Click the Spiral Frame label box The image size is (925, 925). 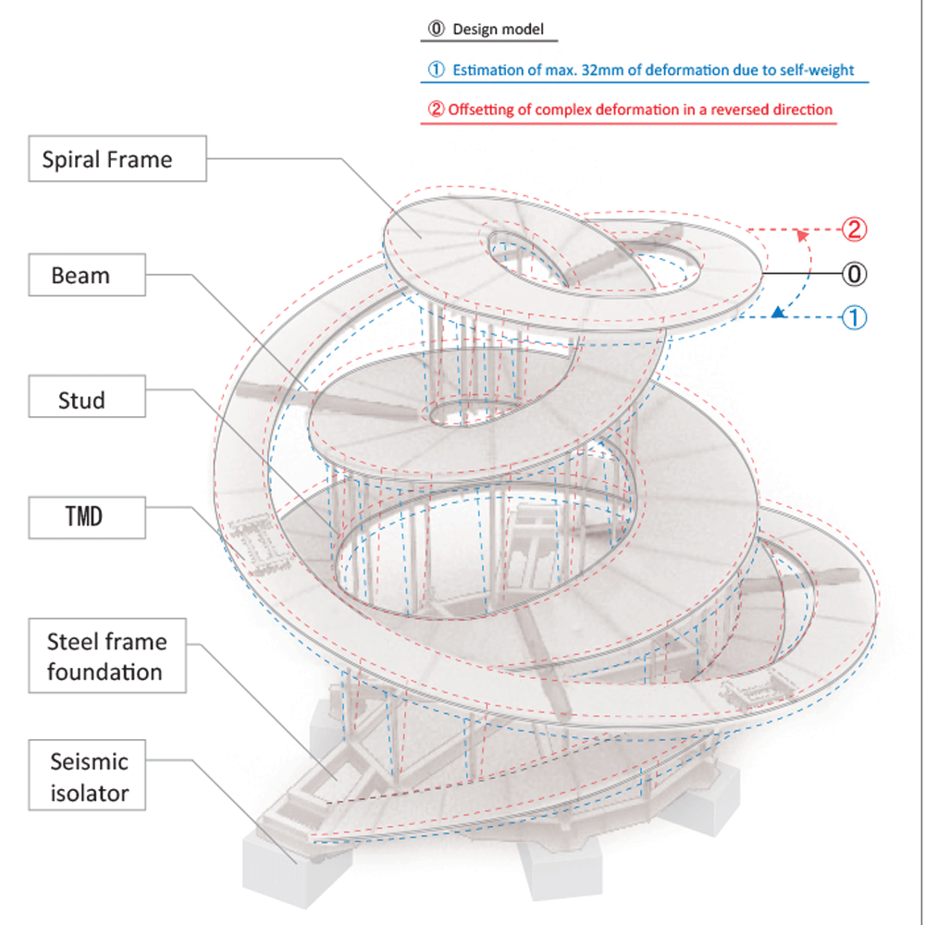[x=107, y=159]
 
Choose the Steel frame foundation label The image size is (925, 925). [x=107, y=657]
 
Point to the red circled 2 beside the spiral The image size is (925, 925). [x=855, y=229]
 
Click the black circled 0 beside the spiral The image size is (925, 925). [x=855, y=274]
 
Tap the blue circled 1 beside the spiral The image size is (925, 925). [x=855, y=317]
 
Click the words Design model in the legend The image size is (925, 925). [x=492, y=30]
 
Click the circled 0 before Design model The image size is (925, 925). [x=437, y=30]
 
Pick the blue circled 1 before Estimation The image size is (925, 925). [x=437, y=69]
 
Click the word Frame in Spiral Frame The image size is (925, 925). [x=139, y=159]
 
